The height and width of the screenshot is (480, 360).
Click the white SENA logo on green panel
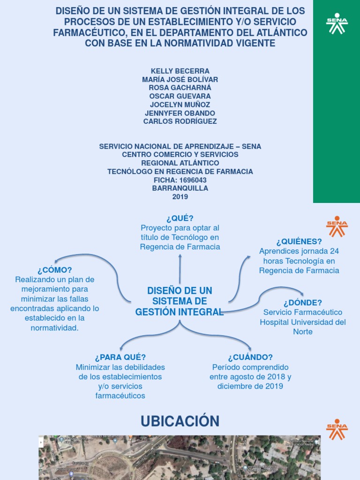pyautogui.click(x=337, y=23)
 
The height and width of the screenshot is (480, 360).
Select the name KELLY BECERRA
pyautogui.click(x=180, y=71)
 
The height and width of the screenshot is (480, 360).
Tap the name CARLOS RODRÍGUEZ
pyautogui.click(x=180, y=121)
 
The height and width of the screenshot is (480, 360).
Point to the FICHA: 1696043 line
pyautogui.click(x=180, y=180)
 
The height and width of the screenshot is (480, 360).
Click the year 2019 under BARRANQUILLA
pyautogui.click(x=180, y=197)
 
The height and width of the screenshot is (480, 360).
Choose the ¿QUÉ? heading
pyautogui.click(x=180, y=218)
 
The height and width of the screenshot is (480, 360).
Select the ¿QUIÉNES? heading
pyautogui.click(x=299, y=241)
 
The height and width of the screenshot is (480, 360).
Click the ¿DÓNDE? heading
pyautogui.click(x=303, y=302)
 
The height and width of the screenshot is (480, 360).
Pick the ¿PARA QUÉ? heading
pyautogui.click(x=120, y=357)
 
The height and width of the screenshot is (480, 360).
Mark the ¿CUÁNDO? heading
pyautogui.click(x=250, y=357)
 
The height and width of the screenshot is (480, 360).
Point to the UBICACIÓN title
pyautogui.click(x=180, y=421)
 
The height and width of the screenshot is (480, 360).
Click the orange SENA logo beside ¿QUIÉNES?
pyautogui.click(x=337, y=226)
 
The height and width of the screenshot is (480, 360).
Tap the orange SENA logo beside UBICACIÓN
pyautogui.click(x=337, y=429)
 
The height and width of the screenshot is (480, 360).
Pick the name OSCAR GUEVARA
pyautogui.click(x=180, y=96)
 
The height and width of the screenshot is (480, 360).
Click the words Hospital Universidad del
pyautogui.click(x=303, y=322)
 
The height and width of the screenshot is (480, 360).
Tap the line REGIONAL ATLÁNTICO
pyautogui.click(x=180, y=163)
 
